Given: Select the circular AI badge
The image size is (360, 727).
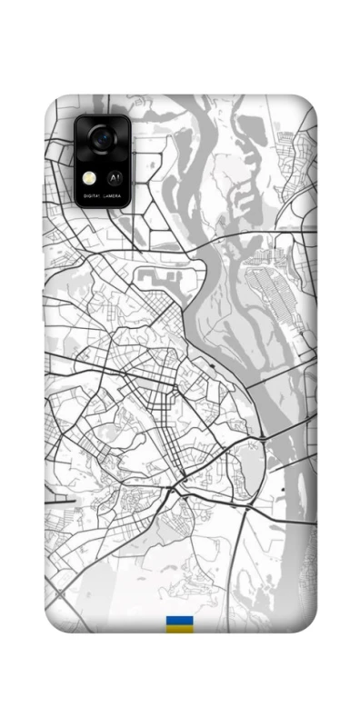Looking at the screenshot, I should click(115, 179).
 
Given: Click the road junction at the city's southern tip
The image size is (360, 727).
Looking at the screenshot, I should click(174, 491).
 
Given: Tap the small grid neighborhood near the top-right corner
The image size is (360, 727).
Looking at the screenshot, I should click(293, 145).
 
